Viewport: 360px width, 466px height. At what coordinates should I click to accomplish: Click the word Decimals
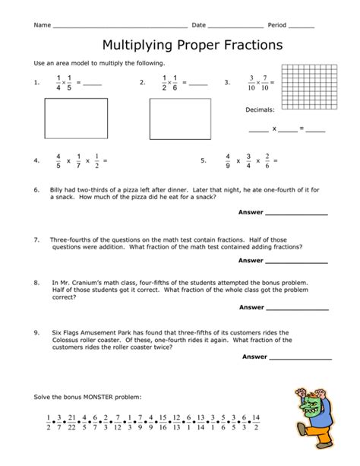tap(259, 109)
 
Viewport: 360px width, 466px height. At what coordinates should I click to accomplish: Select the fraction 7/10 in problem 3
tap(264, 82)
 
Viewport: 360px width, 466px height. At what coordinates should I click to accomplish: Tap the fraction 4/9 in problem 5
tap(227, 161)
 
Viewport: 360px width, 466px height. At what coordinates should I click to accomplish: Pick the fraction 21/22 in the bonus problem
tap(72, 421)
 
